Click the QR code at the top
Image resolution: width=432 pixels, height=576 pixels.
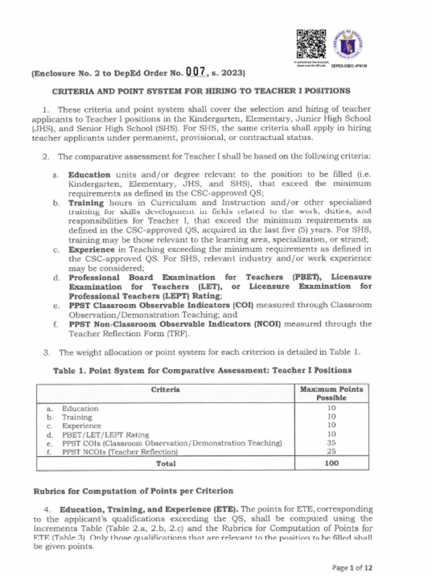tap(310, 43)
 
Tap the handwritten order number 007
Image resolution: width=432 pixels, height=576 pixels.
tap(196, 71)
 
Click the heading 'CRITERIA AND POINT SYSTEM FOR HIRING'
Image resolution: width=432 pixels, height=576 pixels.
tap(201, 91)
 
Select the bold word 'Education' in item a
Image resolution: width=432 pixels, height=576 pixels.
tap(89, 175)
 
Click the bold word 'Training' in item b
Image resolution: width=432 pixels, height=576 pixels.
tap(86, 202)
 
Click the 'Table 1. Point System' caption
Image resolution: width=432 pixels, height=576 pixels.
tap(202, 370)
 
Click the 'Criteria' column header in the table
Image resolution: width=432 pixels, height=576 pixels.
tap(165, 389)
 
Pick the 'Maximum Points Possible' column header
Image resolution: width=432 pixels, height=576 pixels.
tap(331, 393)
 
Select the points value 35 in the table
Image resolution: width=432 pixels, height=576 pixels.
tap(331, 443)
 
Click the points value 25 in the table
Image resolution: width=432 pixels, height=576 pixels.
tap(331, 452)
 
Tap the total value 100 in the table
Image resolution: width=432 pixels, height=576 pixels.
tap(331, 463)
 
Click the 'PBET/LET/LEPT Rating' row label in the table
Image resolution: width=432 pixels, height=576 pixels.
tap(105, 434)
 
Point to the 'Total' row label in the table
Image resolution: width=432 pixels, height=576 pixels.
tap(165, 463)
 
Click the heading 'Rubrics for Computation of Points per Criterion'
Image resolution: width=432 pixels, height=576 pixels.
tap(133, 491)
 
